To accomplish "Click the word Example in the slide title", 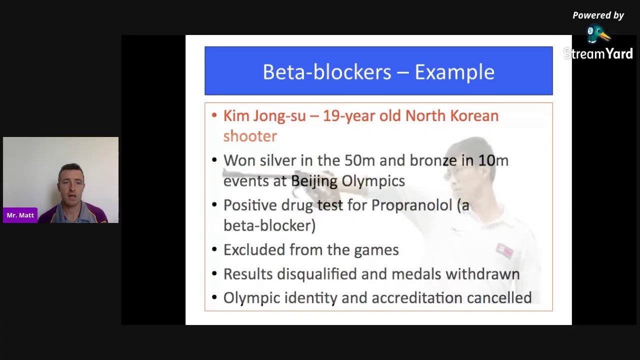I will point(454,72).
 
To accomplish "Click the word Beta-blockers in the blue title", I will point(327,72).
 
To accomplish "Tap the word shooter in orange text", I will point(250,136).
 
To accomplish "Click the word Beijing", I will point(314,181).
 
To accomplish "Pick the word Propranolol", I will point(411,205).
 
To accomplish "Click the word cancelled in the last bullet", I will point(499,298).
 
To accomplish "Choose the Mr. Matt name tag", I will point(20,215).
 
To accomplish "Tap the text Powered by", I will point(598,15).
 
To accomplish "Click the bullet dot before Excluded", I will point(214,249).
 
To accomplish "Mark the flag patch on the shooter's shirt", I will point(504,250).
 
